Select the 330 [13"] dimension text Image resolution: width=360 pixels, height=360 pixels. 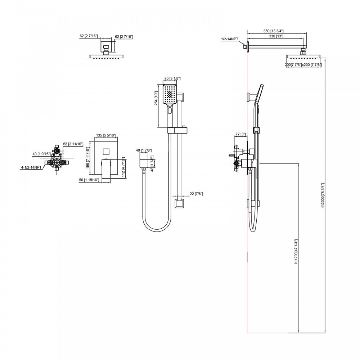276,36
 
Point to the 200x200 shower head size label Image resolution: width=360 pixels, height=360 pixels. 303,65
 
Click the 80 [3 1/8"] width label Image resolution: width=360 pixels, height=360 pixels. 172,78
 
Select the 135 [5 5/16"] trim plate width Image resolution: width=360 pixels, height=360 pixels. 106,136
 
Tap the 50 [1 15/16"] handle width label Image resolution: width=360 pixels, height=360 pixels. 90,180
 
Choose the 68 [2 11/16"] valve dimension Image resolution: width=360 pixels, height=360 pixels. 73,144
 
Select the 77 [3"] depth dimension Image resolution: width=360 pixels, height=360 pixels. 240,134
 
